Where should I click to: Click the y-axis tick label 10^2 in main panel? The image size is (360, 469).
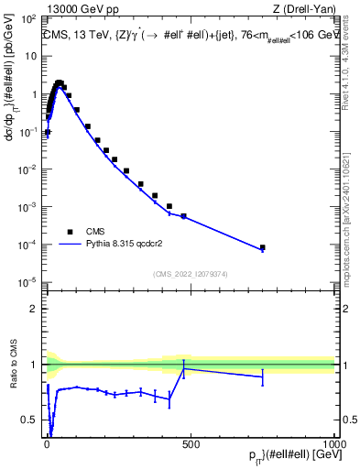(27, 18)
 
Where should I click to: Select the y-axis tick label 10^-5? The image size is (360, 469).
(27, 281)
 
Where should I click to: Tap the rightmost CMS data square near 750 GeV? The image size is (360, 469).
(263, 247)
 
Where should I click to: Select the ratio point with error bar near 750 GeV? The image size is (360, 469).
(263, 376)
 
